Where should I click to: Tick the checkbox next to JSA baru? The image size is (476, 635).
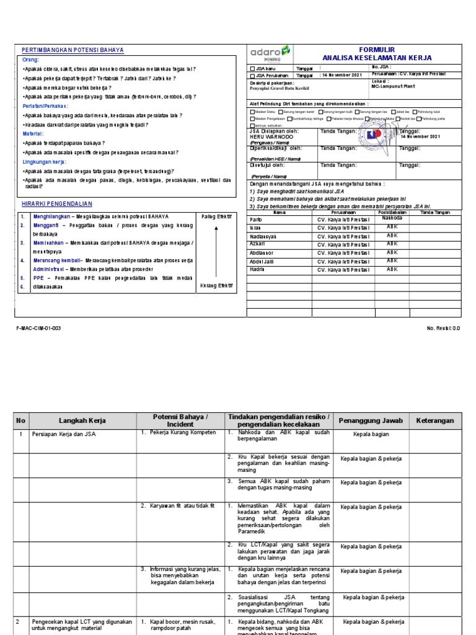point(252,69)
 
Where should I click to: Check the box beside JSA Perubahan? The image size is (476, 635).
point(252,76)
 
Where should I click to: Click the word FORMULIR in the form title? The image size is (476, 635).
point(377,50)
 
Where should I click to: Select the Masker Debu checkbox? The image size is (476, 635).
point(252,112)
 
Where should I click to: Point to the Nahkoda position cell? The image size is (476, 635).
point(392,218)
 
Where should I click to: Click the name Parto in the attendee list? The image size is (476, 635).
point(256,220)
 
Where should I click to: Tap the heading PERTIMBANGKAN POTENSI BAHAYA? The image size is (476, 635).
point(73,50)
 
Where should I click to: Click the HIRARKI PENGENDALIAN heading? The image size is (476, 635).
point(56,204)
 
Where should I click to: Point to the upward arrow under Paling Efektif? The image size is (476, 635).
point(216,248)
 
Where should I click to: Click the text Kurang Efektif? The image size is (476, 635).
point(216,285)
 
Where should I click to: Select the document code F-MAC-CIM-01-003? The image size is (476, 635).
point(38,328)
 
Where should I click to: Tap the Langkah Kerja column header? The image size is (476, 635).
point(82,420)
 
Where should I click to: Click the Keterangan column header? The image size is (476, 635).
point(434,420)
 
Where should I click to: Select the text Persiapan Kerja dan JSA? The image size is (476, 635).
point(63,435)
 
